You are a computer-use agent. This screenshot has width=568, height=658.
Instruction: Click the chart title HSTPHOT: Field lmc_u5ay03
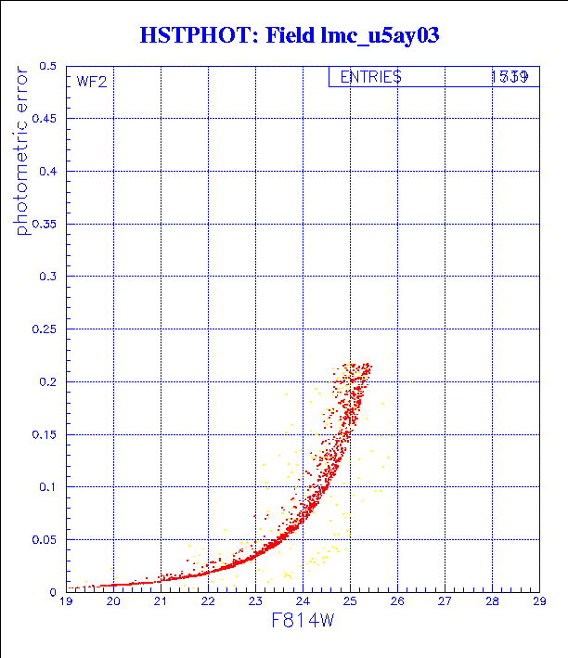click(x=289, y=36)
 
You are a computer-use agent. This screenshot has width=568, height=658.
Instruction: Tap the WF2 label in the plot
click(x=92, y=82)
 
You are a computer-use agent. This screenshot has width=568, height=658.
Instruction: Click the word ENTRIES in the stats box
click(x=370, y=78)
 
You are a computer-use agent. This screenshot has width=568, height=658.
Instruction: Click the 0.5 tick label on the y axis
click(x=47, y=67)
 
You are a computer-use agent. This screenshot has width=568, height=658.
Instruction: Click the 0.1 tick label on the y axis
click(x=47, y=487)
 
